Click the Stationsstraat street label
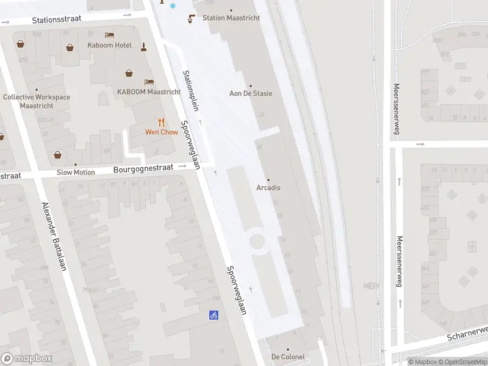[56, 20]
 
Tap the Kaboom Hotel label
[110, 45]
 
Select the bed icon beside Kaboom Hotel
[109, 35]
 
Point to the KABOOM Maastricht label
[149, 92]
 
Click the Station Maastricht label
[231, 18]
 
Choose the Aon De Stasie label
[250, 93]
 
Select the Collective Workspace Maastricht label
[37, 101]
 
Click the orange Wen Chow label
[161, 132]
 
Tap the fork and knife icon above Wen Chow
[161, 122]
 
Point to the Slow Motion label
[76, 172]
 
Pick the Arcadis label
[268, 187]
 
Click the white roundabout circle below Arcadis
[257, 241]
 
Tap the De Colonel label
[288, 357]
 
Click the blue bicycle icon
[213, 315]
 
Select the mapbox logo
[27, 359]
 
